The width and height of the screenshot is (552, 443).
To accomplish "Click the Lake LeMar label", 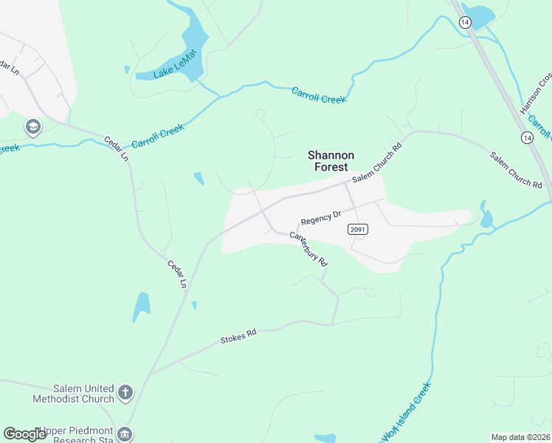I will (x=175, y=63).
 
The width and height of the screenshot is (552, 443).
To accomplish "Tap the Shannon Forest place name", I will (x=331, y=161).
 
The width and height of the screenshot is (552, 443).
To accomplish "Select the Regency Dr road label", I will (x=321, y=218).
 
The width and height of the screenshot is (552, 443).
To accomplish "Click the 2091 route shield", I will (x=357, y=230).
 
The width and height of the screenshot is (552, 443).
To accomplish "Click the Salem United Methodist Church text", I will (x=73, y=394).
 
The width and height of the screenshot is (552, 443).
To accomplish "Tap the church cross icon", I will (x=125, y=392).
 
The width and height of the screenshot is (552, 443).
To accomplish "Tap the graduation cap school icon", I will (x=32, y=127).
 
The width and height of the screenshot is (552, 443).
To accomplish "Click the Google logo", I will (x=24, y=434).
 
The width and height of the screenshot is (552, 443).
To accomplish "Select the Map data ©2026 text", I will (x=520, y=437).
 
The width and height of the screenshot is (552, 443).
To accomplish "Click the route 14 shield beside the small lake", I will (x=464, y=23).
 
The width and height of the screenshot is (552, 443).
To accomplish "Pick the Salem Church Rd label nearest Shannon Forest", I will (x=376, y=163).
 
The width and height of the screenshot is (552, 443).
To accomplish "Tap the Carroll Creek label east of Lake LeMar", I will (x=318, y=95).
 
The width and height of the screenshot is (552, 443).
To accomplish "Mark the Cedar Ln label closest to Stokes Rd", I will (x=177, y=273).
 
